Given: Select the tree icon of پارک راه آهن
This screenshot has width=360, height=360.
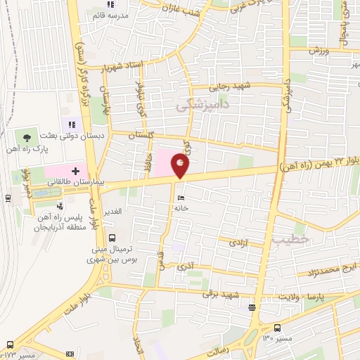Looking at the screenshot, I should click(x=26, y=136).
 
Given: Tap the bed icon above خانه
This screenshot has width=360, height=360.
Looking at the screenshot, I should click(x=181, y=198).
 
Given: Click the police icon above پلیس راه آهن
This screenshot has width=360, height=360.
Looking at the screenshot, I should click(x=60, y=206).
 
